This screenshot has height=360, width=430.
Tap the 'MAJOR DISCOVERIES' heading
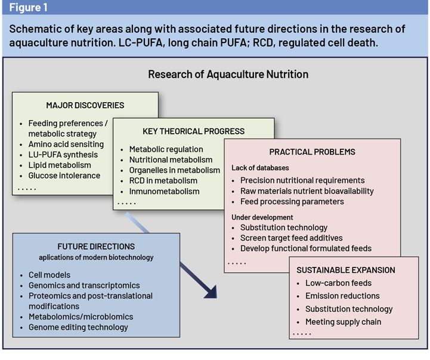(x=85, y=105)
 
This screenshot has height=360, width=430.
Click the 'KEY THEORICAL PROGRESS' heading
(x=185, y=131)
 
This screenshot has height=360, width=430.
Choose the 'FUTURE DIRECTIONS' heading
(x=96, y=246)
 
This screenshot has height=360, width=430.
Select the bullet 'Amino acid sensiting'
(x=66, y=144)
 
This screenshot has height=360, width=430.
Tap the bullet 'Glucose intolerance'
(x=64, y=176)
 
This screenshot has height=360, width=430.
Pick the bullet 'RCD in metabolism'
(x=163, y=181)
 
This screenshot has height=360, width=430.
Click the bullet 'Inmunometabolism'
(x=164, y=192)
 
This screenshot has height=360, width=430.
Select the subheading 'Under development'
(x=262, y=216)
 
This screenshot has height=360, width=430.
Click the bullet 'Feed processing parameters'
(x=292, y=201)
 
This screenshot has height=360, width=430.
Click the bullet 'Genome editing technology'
(x=78, y=327)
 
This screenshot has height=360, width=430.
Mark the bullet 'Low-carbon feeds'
(x=338, y=283)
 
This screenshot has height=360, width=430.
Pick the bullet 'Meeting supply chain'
(x=343, y=322)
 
